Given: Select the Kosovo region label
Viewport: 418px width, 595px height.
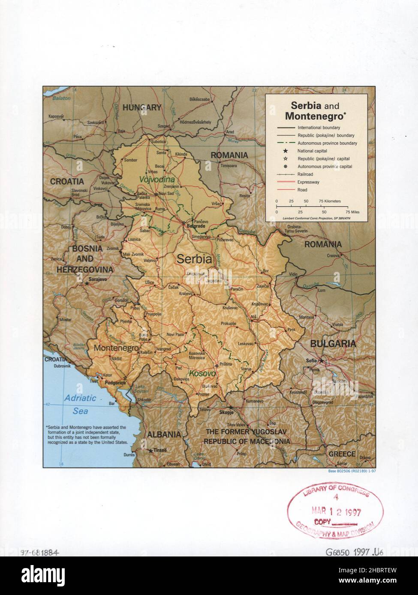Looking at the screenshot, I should (202, 374).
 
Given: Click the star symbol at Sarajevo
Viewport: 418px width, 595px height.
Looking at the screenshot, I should (87, 283).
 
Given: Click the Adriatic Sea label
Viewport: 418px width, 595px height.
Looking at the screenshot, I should (80, 405).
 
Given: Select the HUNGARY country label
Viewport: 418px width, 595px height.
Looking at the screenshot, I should (142, 108).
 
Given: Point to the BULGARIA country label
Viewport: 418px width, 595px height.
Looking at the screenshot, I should (333, 343).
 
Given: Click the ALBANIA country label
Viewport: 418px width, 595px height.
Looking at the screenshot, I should (164, 434).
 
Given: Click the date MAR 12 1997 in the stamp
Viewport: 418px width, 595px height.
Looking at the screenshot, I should (337, 512).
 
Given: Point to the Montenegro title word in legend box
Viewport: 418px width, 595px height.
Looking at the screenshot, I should (315, 116).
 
